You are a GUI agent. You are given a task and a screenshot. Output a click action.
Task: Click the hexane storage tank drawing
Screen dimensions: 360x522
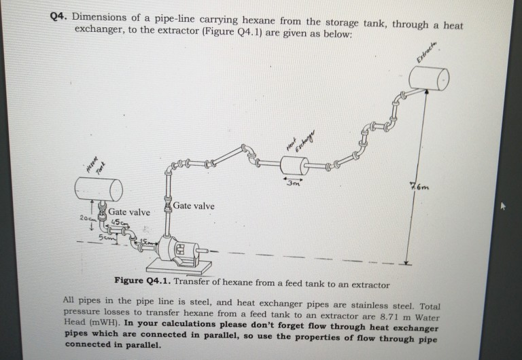(x=99, y=187)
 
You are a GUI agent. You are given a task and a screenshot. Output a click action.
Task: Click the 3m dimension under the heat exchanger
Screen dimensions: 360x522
(x=292, y=183)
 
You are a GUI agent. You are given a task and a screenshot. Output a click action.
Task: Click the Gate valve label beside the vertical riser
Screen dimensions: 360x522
(x=194, y=206)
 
